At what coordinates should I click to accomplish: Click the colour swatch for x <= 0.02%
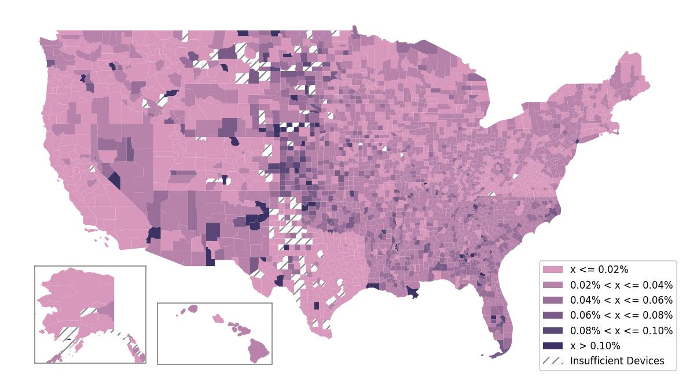tap(552, 269)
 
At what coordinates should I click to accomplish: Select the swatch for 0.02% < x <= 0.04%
tap(552, 285)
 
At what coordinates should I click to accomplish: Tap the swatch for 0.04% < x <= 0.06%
tap(552, 300)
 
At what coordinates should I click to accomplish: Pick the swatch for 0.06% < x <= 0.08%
tap(552, 315)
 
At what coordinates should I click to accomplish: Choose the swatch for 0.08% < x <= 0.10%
tap(552, 331)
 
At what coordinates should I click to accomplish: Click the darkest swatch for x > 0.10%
tap(552, 346)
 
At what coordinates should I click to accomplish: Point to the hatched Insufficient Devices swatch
tap(552, 361)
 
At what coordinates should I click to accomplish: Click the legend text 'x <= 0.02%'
tap(599, 269)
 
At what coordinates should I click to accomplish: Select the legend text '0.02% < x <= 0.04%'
tap(621, 285)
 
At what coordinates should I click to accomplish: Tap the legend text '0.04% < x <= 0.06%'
tap(621, 300)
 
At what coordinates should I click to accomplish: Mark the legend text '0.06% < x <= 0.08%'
tap(621, 315)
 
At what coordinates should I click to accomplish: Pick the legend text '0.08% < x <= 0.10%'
tap(621, 331)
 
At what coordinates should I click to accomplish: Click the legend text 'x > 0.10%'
tap(595, 346)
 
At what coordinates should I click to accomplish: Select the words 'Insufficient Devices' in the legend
tap(617, 361)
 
